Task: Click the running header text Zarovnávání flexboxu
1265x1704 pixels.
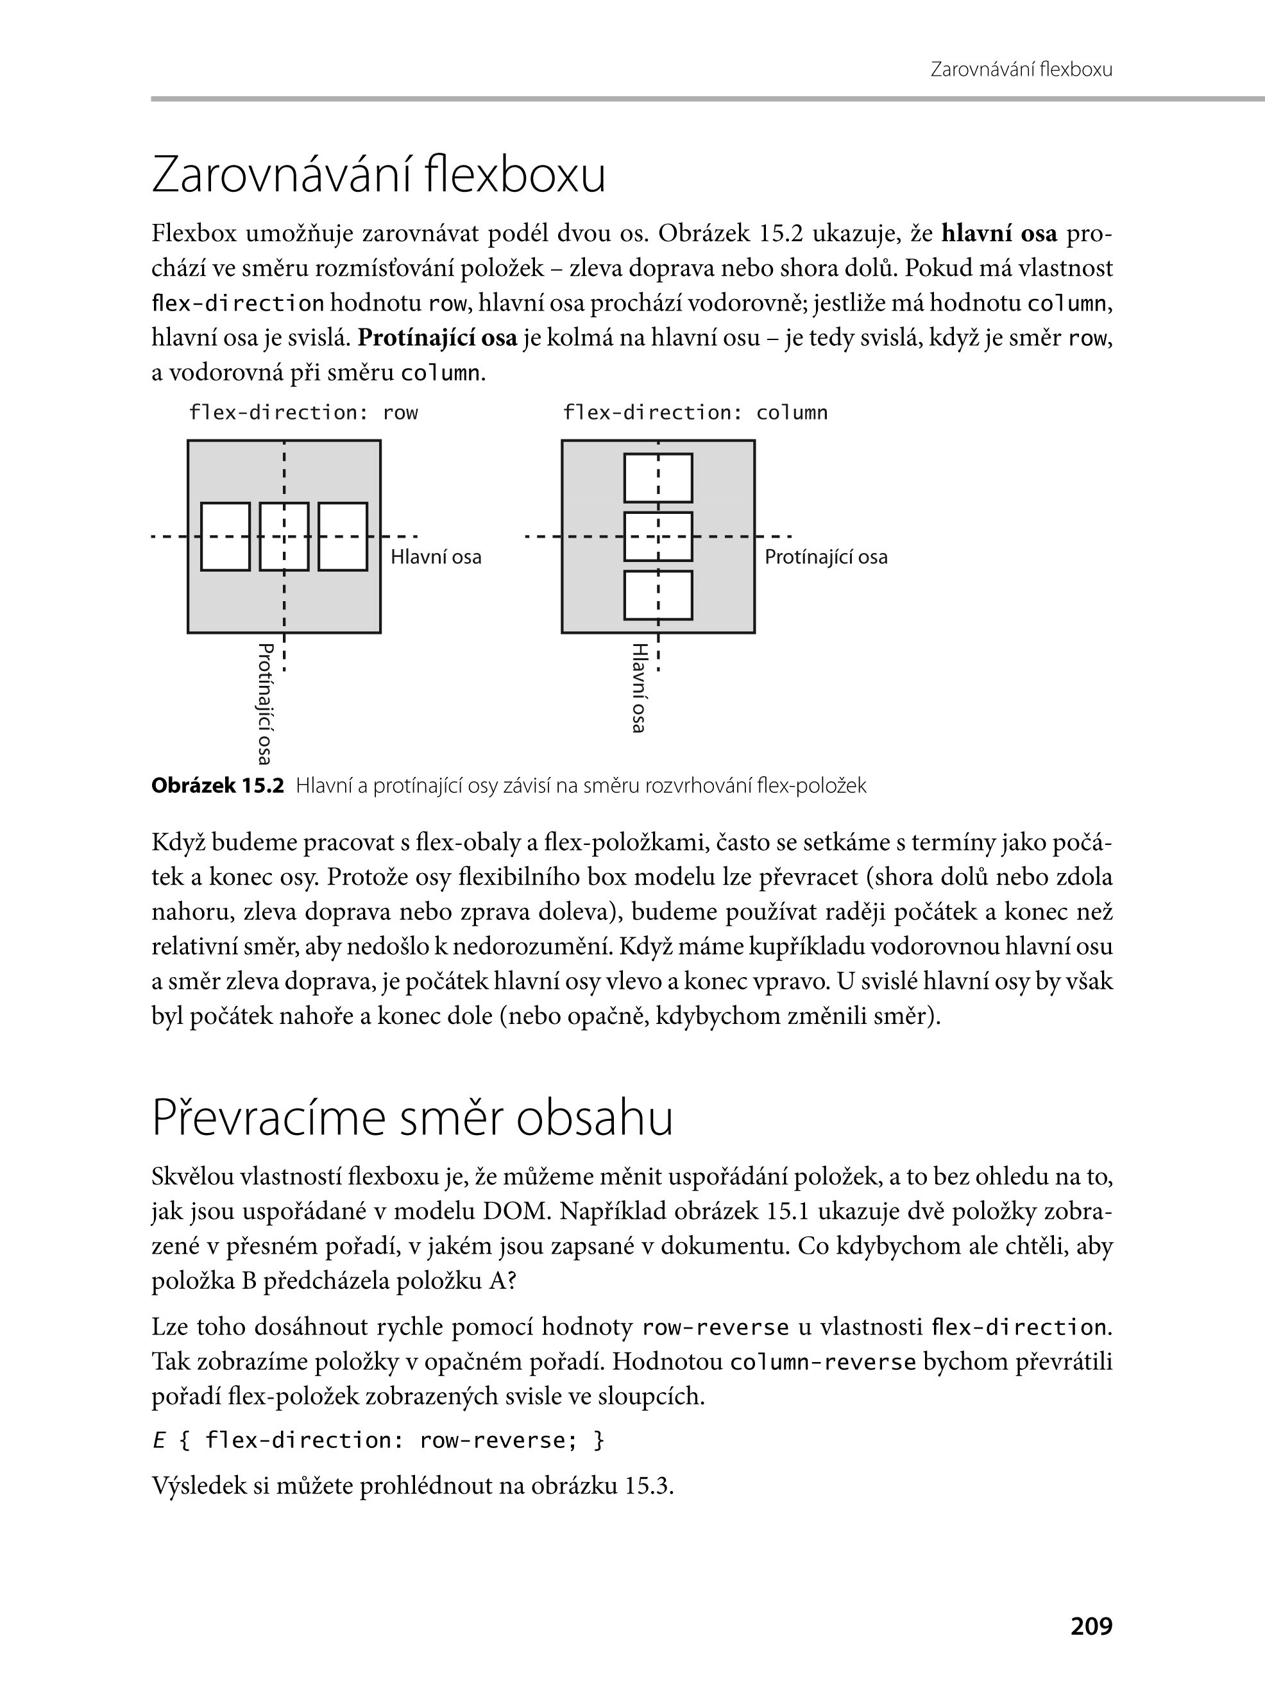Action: tap(1021, 70)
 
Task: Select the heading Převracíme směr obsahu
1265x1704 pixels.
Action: tap(412, 1119)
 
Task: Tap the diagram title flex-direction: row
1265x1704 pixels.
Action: tap(303, 413)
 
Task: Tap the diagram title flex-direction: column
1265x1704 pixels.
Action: tap(695, 413)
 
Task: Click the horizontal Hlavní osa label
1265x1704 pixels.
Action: tap(436, 557)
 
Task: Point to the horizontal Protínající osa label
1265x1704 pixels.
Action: tap(826, 557)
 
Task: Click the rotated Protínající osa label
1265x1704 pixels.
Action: tap(265, 703)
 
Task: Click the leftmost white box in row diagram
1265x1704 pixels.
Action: tap(225, 536)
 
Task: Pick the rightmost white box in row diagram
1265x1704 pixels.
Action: tap(343, 536)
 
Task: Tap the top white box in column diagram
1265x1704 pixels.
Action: tap(658, 478)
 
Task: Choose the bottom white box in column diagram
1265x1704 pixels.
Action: tap(658, 595)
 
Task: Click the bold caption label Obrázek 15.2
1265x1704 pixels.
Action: tap(217, 786)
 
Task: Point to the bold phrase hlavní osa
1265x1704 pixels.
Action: tap(999, 234)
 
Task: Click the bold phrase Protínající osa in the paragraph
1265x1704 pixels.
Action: tap(437, 337)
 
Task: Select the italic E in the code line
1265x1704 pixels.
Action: tap(158, 1440)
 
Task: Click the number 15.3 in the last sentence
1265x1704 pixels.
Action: tap(648, 1486)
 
